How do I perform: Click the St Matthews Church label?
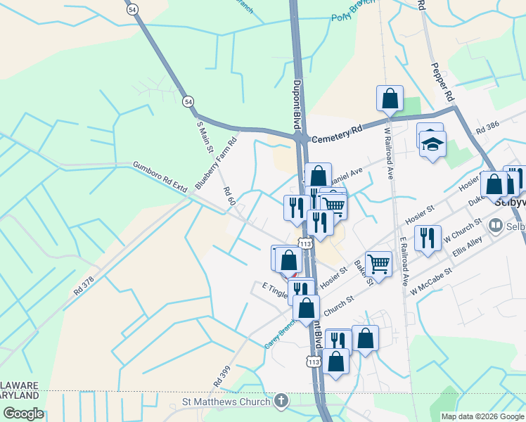226,402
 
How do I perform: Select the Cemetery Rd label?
336,134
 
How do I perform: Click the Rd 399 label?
220,378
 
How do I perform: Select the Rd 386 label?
487,127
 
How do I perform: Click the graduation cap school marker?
433,146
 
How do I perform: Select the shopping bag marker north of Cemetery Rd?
390,99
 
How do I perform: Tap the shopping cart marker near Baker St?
378,264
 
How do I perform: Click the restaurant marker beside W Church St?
427,238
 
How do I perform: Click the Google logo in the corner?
23,414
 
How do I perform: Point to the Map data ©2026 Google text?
482,416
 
